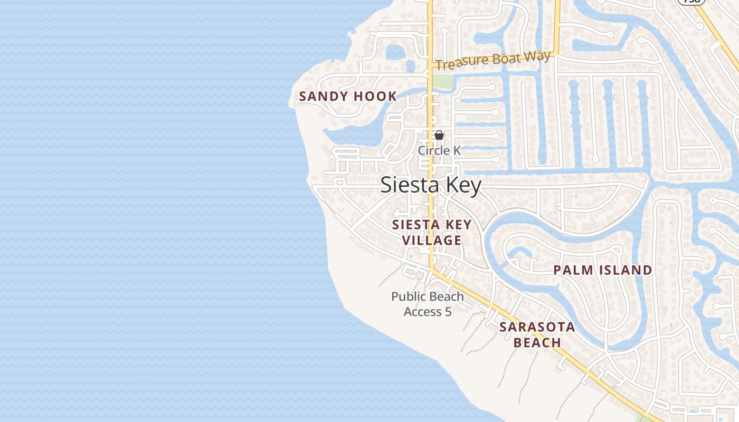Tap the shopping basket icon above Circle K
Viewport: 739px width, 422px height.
(439, 135)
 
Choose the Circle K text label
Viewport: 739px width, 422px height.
(439, 151)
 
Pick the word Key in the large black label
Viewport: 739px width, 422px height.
(464, 186)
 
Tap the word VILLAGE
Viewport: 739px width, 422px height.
(432, 241)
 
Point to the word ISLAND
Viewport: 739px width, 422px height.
(626, 271)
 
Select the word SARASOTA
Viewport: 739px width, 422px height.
(537, 327)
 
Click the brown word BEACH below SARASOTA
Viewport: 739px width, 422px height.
(537, 343)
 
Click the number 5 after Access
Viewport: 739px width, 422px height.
(448, 312)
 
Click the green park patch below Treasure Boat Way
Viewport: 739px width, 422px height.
(444, 81)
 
